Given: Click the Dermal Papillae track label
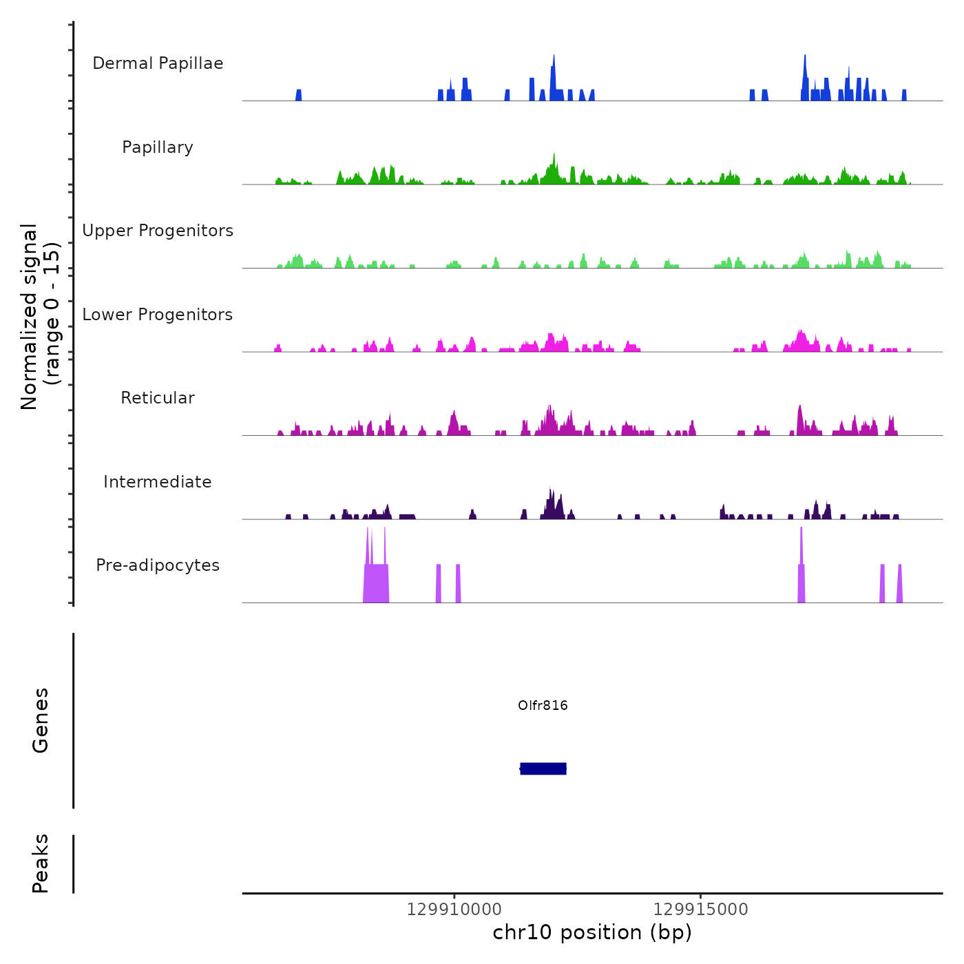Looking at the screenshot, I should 158,63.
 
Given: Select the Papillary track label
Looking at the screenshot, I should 158,147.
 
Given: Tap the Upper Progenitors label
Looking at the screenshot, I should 158,231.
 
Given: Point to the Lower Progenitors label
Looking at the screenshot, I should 158,315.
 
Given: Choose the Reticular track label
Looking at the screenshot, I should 158,398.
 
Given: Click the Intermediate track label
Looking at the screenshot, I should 158,482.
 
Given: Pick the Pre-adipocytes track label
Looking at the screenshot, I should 158,565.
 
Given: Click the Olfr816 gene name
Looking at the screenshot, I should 543,705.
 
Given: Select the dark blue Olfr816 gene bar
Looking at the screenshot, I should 543,768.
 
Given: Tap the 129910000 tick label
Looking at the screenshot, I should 454,909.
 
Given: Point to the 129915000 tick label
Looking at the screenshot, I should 700,909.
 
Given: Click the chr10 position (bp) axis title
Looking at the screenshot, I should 592,932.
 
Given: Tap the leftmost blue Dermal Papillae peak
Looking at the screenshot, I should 299,95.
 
